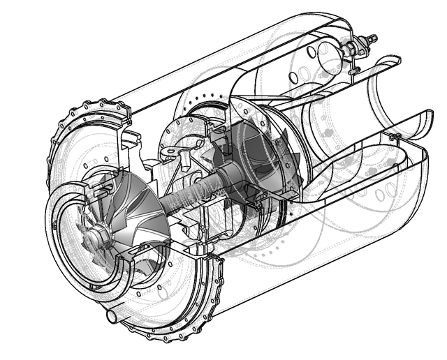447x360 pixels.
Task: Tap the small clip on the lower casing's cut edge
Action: [x=395, y=135]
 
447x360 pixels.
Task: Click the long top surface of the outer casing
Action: [x=210, y=52]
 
